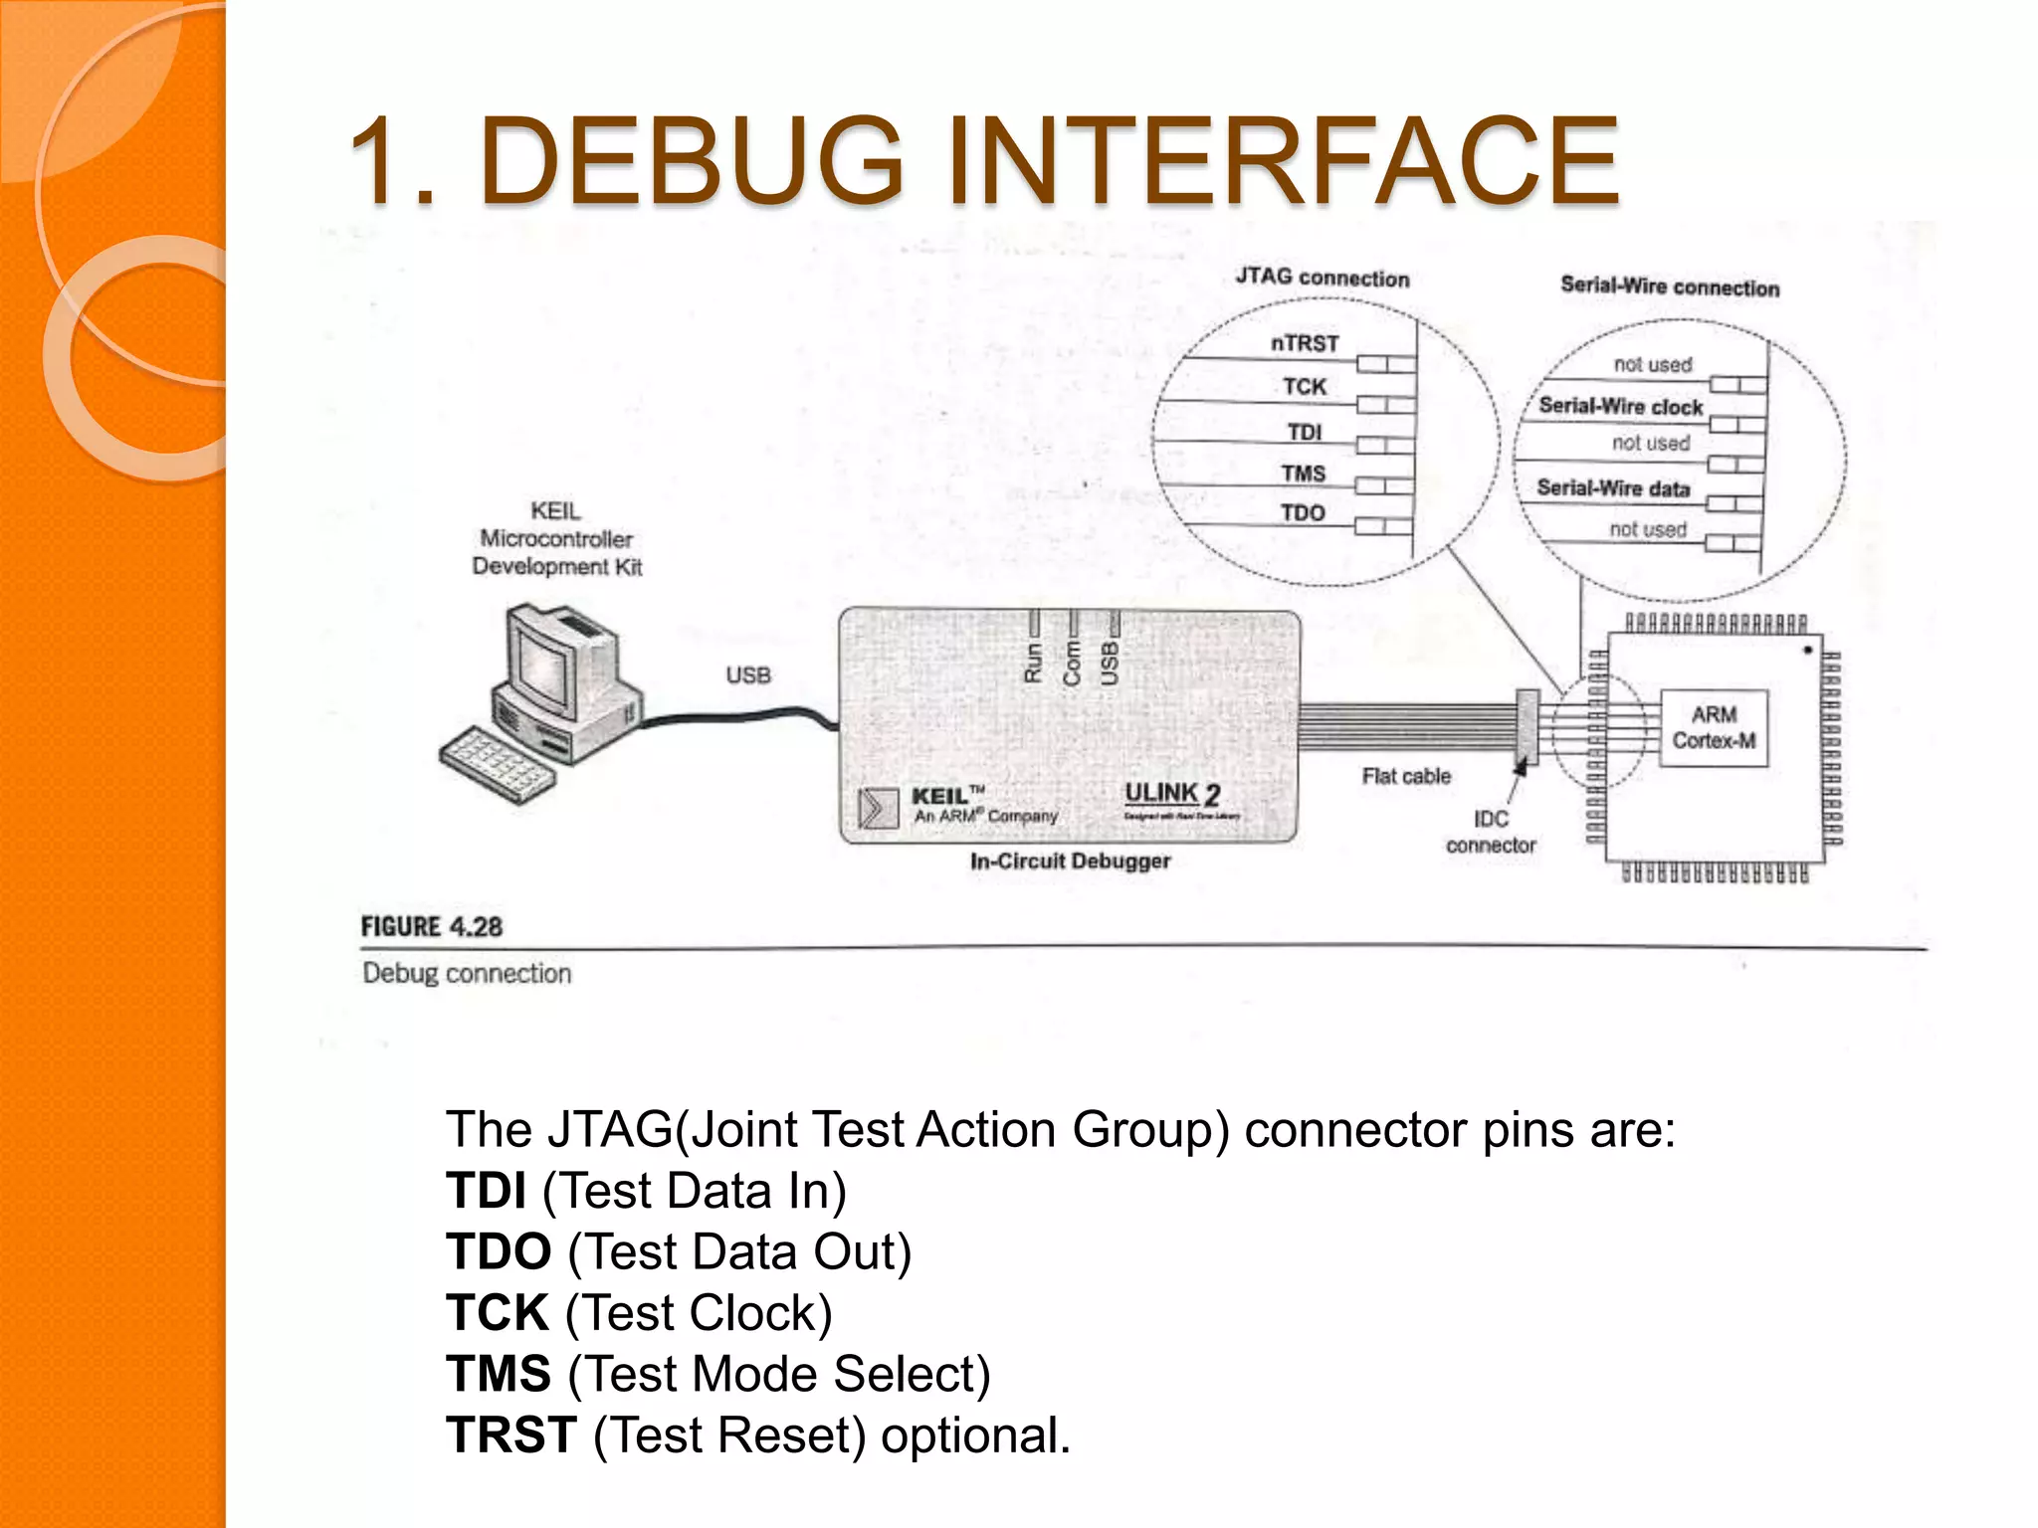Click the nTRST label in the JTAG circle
1305,343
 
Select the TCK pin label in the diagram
1304,387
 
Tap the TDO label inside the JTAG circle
1303,513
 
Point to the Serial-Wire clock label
1620,406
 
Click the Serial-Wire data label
1613,488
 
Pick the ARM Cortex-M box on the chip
1714,728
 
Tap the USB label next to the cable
748,675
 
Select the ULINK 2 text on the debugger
1172,794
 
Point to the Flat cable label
1406,776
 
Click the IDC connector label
1491,832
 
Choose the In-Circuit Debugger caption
1070,861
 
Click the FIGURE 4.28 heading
431,927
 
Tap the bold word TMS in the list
499,1374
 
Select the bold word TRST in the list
510,1435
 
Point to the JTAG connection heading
1323,278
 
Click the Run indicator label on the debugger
1033,663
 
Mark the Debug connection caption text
467,973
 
